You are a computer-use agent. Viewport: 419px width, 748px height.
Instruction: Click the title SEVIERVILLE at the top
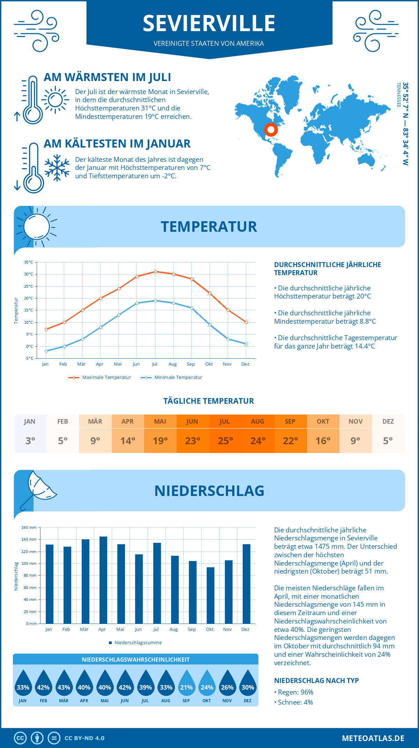click(209, 23)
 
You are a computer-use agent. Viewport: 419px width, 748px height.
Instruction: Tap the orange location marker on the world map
click(271, 130)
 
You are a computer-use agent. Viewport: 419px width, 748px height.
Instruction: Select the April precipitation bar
click(103, 580)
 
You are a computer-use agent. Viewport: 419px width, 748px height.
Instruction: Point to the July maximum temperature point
click(155, 272)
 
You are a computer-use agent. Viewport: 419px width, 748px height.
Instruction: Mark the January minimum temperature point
click(46, 351)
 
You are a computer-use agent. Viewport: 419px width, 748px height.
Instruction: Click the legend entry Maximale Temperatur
click(100, 377)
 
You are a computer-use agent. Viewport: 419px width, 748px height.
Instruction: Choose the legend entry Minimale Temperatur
click(172, 377)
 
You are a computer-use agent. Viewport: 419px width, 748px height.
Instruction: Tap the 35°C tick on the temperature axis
click(29, 262)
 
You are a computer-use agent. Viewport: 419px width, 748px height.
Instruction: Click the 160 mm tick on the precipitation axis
click(29, 527)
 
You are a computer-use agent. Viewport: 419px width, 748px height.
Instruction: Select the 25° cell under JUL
click(225, 441)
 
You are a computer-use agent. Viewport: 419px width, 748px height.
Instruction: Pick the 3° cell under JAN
click(30, 441)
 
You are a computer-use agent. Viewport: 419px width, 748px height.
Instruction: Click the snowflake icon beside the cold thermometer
click(57, 168)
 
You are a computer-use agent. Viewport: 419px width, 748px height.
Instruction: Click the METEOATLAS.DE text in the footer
click(373, 738)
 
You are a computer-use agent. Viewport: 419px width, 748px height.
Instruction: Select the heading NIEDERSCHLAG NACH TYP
click(316, 681)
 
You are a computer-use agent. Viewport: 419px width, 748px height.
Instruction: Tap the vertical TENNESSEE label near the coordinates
click(398, 95)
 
